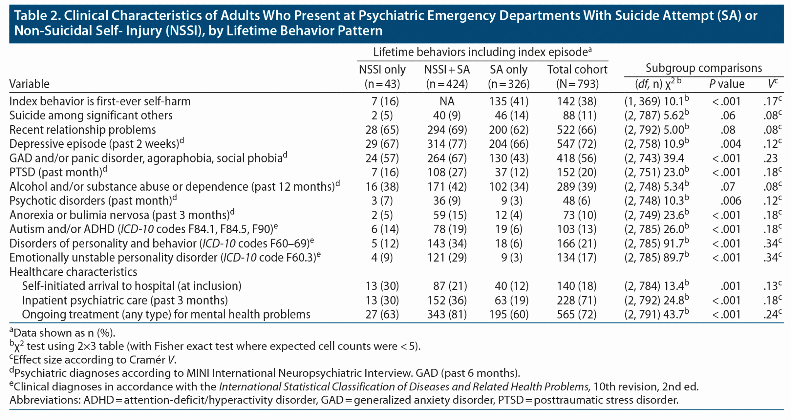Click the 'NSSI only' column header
tap(382, 70)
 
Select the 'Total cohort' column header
tap(577, 70)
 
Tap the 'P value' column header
tap(726, 84)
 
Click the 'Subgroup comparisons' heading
tap(704, 68)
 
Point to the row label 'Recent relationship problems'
tap(83, 130)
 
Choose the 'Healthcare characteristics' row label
tap(73, 272)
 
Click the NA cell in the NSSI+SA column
tap(447, 102)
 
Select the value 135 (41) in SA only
tap(509, 102)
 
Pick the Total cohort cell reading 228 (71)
tap(577, 300)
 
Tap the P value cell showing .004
tap(731, 144)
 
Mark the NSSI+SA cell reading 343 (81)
tap(447, 315)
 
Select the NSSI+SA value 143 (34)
tap(447, 244)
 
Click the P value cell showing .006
tap(731, 201)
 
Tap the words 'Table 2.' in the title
tap(37, 16)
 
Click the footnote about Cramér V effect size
tap(93, 360)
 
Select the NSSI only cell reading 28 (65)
tap(382, 130)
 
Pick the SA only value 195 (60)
tap(509, 315)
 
